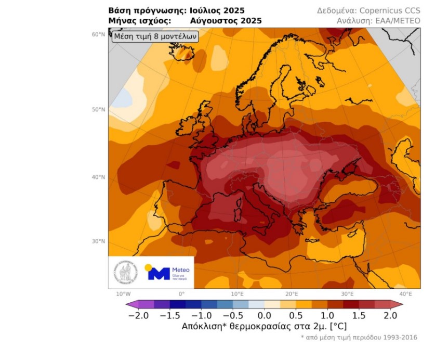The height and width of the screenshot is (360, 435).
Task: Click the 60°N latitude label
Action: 99,34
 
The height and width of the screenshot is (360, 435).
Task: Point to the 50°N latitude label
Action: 99,110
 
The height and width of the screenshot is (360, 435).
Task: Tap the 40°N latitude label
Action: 99,177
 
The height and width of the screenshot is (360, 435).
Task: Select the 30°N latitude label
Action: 99,241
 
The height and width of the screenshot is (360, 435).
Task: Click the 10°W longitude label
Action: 123,294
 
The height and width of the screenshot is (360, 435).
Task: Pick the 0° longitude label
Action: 181,294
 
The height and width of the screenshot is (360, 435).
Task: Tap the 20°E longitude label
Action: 292,294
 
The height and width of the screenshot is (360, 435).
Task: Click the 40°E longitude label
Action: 405,294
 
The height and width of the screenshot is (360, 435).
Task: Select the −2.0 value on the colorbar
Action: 138,315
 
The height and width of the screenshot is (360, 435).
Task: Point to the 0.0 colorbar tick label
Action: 265,315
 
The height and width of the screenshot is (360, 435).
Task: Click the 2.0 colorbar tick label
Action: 390,315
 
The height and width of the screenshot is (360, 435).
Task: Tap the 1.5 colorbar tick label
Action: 359,315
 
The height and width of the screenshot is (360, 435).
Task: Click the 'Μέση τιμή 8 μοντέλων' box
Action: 154,37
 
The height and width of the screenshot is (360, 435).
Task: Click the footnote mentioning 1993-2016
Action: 359,338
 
